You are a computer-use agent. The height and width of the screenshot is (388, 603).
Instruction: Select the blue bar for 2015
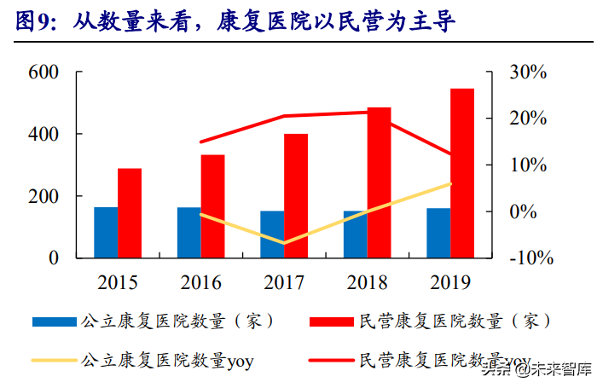(x=106, y=232)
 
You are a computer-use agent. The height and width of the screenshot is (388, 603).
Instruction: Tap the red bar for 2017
(x=296, y=195)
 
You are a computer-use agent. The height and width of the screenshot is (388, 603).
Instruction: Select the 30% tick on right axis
(x=527, y=73)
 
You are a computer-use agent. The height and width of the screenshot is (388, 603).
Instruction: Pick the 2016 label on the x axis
(x=200, y=282)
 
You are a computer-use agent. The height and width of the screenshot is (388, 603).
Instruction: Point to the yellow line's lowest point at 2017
(x=283, y=243)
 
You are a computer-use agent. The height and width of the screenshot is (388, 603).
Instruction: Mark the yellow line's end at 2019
(x=450, y=183)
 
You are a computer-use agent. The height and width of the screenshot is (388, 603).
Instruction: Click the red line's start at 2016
(x=200, y=142)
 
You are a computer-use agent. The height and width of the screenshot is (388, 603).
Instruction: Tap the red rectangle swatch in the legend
(x=332, y=322)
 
